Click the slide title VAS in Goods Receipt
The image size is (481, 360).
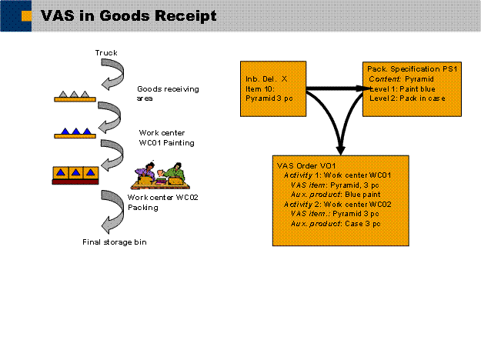pos(128,15)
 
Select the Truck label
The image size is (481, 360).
pos(106,53)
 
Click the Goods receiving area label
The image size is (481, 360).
pos(167,94)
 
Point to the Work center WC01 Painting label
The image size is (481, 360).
pos(167,137)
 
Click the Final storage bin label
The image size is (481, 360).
pos(114,243)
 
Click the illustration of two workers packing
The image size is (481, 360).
pos(162,175)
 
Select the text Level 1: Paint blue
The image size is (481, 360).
pos(400,88)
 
